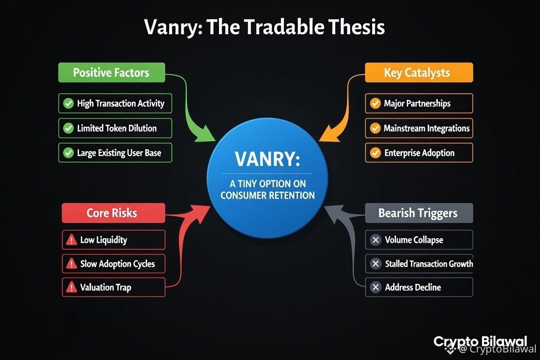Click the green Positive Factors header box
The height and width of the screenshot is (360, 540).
tap(111, 72)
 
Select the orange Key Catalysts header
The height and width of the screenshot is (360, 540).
tap(418, 72)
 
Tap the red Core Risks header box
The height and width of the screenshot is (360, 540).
tap(113, 213)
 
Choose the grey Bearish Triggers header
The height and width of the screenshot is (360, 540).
tap(418, 213)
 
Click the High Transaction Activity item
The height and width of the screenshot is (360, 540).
tap(115, 103)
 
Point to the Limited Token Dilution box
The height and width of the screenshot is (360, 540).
tap(115, 128)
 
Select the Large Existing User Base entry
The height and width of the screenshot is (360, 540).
tap(115, 153)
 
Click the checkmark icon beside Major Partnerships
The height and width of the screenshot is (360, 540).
tap(375, 103)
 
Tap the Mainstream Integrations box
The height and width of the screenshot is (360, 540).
tap(418, 128)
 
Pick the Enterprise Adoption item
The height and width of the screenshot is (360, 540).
tap(418, 153)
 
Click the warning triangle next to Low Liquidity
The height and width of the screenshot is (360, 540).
tap(70, 240)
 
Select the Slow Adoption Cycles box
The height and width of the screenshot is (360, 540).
tap(113, 264)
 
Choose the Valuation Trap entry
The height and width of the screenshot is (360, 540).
tap(113, 287)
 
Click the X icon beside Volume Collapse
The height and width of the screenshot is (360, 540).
tap(376, 240)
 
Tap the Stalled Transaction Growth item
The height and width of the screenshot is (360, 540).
tap(418, 264)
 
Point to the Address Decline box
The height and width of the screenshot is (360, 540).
tap(418, 287)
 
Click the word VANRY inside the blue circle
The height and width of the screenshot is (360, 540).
tap(267, 159)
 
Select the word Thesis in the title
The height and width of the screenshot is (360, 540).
tap(356, 27)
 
